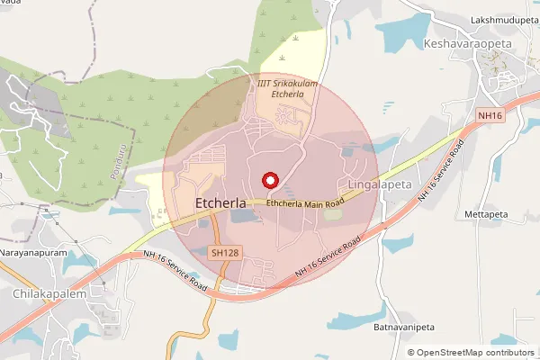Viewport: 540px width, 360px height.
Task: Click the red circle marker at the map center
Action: pos(268,180)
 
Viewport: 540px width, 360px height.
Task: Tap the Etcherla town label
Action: pos(220,204)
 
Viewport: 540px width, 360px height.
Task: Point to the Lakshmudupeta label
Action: pos(503,19)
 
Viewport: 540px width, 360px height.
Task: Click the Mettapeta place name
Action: pos(488,215)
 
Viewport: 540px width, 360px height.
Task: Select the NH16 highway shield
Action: pos(489,115)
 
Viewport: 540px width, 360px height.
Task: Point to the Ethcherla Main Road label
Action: pos(306,204)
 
